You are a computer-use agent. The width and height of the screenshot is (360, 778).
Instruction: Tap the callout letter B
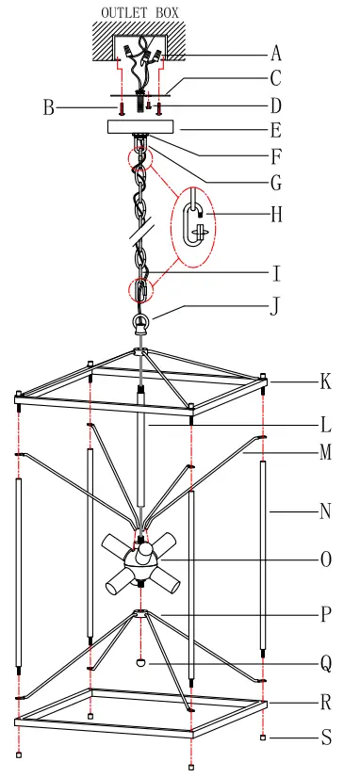(x=48, y=108)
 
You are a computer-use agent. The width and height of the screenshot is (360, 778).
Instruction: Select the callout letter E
(x=275, y=130)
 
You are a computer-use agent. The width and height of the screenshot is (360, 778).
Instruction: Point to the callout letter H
(x=275, y=215)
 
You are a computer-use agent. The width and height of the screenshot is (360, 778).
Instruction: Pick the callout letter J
(x=274, y=305)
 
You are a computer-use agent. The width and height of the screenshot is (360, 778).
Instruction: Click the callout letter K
(x=325, y=382)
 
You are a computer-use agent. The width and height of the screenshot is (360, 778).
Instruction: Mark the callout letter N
(x=325, y=511)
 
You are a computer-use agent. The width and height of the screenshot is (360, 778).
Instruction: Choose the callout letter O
(x=325, y=559)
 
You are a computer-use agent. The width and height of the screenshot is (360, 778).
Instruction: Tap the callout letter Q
(x=325, y=663)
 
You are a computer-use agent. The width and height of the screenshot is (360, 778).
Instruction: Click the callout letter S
(x=325, y=737)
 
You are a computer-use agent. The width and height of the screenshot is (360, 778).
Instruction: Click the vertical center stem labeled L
(x=141, y=452)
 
